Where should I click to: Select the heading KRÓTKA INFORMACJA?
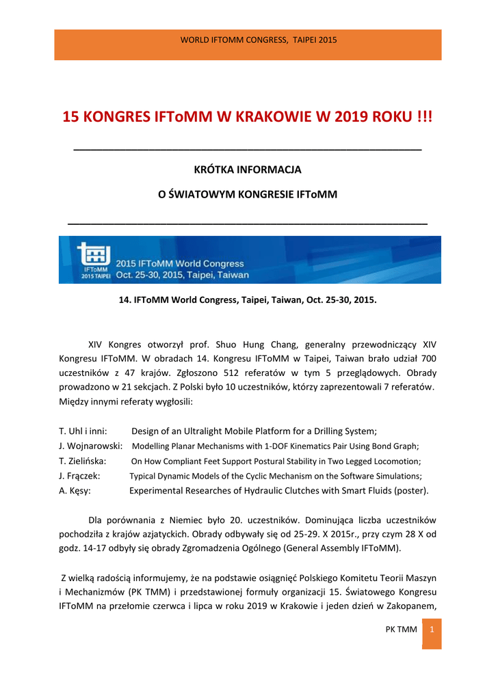click(248, 169)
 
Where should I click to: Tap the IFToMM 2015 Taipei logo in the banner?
click(92, 260)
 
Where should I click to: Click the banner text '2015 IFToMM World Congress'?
click(179, 264)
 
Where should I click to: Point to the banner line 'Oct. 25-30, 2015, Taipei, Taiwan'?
click(182, 275)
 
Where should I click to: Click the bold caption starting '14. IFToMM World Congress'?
click(248, 299)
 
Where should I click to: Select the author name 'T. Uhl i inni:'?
click(83, 431)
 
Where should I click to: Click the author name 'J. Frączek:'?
click(80, 476)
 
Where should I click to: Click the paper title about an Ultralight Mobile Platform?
click(254, 431)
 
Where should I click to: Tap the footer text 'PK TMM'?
click(402, 629)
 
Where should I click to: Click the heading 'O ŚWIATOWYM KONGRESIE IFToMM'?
click(248, 195)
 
